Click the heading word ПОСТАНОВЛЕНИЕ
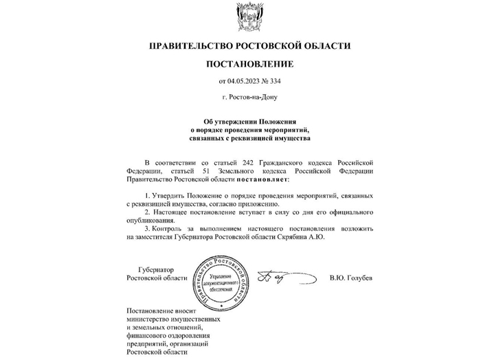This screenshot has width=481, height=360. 249,65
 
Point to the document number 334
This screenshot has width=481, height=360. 275,82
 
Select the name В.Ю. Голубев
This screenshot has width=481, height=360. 351,278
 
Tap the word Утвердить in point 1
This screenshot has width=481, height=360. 167,196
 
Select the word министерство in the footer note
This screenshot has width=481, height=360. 149,319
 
